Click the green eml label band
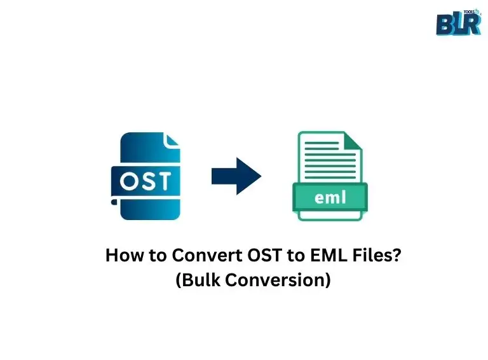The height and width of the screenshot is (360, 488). [x=329, y=197]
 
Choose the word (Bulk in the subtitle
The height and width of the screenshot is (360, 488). [x=196, y=280]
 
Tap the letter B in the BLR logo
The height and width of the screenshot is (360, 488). [x=445, y=25]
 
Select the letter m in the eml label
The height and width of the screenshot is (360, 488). [x=330, y=197]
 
